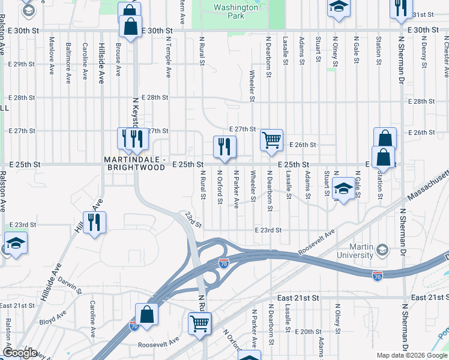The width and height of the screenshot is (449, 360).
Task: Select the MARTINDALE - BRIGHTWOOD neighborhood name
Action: [134, 163]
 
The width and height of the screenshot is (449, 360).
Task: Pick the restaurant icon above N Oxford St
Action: [225, 146]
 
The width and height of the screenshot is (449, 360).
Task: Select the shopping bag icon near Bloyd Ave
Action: [146, 314]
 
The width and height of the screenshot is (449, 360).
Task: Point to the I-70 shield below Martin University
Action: [378, 276]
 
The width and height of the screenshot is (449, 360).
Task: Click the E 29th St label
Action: [23, 64]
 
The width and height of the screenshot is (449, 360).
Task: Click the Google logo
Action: [20, 353]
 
